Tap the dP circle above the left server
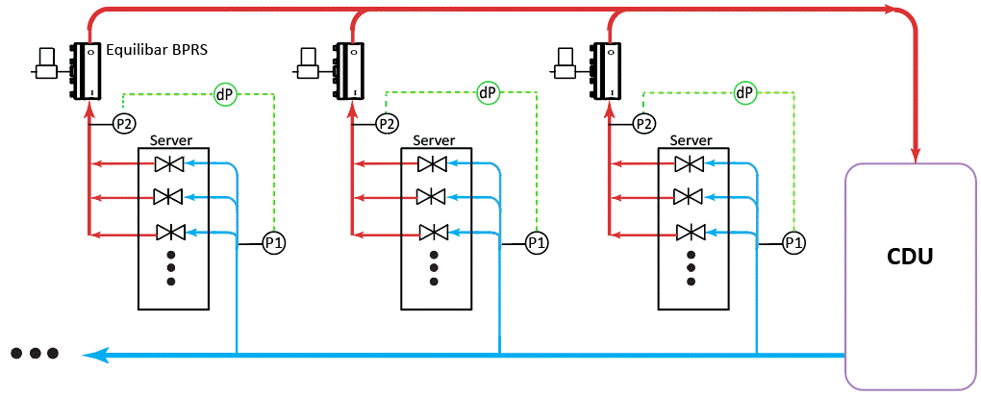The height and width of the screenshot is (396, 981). [x=227, y=93]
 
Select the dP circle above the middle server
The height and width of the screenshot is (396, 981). [x=489, y=93]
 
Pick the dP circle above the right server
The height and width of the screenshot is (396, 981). [x=745, y=93]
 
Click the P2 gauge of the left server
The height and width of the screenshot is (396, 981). [x=124, y=123]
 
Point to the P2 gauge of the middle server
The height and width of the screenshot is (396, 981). [x=387, y=123]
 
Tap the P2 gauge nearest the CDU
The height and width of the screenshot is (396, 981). [x=644, y=123]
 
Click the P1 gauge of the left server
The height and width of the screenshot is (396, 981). [x=274, y=242]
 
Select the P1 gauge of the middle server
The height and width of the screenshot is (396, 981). [x=537, y=242]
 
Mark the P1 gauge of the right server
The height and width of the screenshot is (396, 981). [x=793, y=242]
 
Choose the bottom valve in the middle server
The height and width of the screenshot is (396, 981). [x=433, y=233]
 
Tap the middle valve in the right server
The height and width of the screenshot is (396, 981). [x=690, y=197]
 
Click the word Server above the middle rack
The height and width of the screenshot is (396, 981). [x=434, y=140]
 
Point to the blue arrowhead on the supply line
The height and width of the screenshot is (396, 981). [x=93, y=356]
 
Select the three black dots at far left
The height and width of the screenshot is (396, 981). [x=36, y=354]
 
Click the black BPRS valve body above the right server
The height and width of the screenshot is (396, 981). [x=606, y=71]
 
